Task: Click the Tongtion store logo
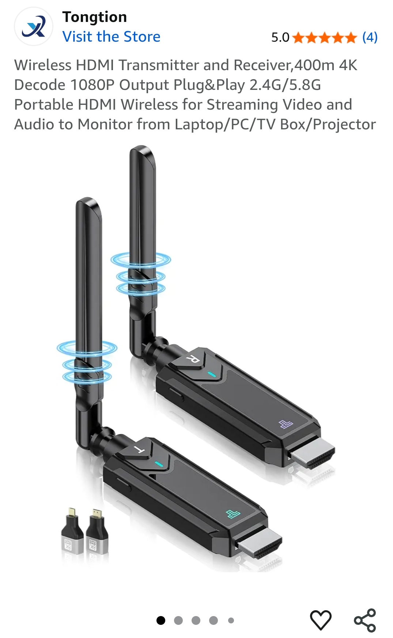33,26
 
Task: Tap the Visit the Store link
111,37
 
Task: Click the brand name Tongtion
94,17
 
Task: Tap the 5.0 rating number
280,37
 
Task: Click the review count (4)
370,37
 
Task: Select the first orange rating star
298,37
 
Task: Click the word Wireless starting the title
43,65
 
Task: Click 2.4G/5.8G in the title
285,85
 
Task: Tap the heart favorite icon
321,620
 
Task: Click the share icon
365,620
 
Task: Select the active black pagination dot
160,620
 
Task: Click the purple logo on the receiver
286,424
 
